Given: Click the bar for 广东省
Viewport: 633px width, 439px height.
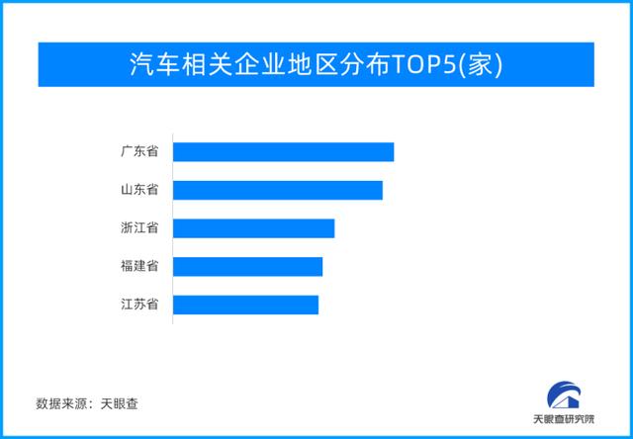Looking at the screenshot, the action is click(284, 152).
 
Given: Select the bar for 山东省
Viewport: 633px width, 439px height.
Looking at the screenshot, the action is click(278, 190).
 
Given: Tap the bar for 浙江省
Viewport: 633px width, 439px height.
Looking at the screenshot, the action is click(254, 228).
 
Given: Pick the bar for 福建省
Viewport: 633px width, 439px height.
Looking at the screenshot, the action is click(248, 267).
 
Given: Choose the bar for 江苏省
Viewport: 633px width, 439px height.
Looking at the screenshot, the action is click(246, 305).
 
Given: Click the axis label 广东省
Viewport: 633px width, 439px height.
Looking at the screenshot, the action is click(139, 152).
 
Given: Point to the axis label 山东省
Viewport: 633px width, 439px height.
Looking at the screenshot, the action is click(139, 190).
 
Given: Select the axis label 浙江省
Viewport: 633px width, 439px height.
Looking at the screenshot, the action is click(139, 228).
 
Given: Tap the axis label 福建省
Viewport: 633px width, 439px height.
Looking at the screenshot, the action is click(139, 267).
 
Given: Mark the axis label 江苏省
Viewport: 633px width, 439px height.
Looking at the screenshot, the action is click(139, 305).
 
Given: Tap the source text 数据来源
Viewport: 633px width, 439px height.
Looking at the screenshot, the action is click(61, 403).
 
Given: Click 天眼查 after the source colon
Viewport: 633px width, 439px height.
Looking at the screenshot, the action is click(119, 403).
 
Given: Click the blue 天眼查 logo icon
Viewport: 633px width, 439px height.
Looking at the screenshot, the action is click(564, 396).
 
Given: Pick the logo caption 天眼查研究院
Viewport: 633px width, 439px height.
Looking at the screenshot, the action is click(564, 419).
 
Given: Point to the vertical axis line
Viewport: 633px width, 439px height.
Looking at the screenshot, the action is click(173, 228).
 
